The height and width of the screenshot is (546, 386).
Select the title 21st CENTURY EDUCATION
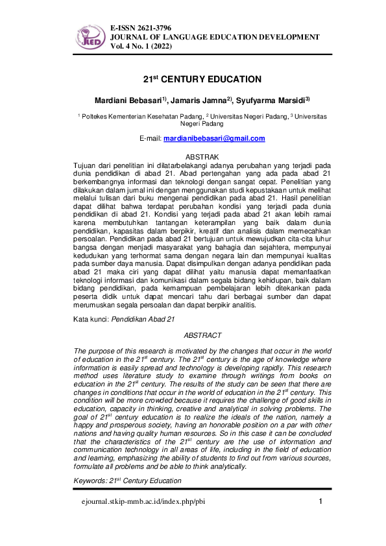(202, 79)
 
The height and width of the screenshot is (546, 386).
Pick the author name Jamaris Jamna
(199, 100)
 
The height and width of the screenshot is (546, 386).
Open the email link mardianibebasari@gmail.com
(214, 139)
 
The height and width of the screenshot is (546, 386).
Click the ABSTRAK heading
(202, 158)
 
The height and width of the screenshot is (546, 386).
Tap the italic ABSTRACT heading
(202, 335)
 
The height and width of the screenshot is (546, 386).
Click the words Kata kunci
(91, 320)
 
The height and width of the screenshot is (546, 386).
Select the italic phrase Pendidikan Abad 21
(143, 320)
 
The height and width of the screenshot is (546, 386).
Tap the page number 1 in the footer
(320, 502)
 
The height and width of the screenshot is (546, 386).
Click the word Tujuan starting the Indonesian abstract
(86, 166)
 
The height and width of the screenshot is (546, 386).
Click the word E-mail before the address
(151, 139)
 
